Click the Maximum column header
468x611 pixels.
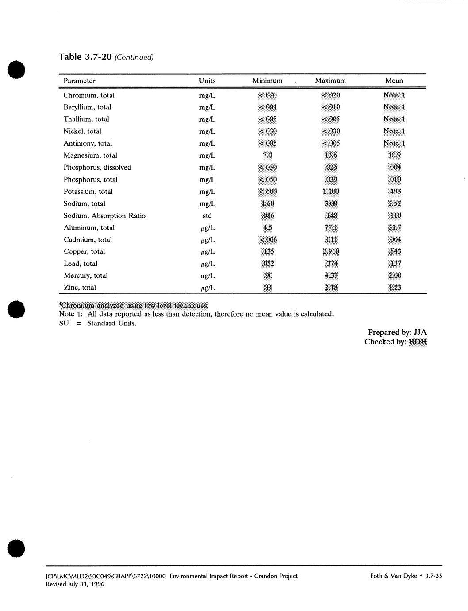330,81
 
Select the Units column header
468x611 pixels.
207,81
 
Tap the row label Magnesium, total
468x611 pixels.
90,155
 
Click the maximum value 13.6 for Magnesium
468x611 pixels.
330,155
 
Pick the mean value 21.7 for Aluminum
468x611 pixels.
394,228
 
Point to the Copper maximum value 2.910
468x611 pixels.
331,251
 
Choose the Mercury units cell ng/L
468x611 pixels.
207,275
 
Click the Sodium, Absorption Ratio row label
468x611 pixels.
104,216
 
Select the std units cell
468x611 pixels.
207,216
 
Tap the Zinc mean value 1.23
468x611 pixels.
394,287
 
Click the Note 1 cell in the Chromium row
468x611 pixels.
394,95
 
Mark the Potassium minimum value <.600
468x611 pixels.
267,192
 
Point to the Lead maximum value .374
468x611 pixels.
331,263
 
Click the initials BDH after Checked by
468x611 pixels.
418,342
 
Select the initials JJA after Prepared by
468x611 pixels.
420,332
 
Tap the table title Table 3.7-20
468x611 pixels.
85,57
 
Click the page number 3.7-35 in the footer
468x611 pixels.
433,576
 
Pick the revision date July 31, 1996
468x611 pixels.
86,584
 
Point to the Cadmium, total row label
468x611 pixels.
88,240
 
